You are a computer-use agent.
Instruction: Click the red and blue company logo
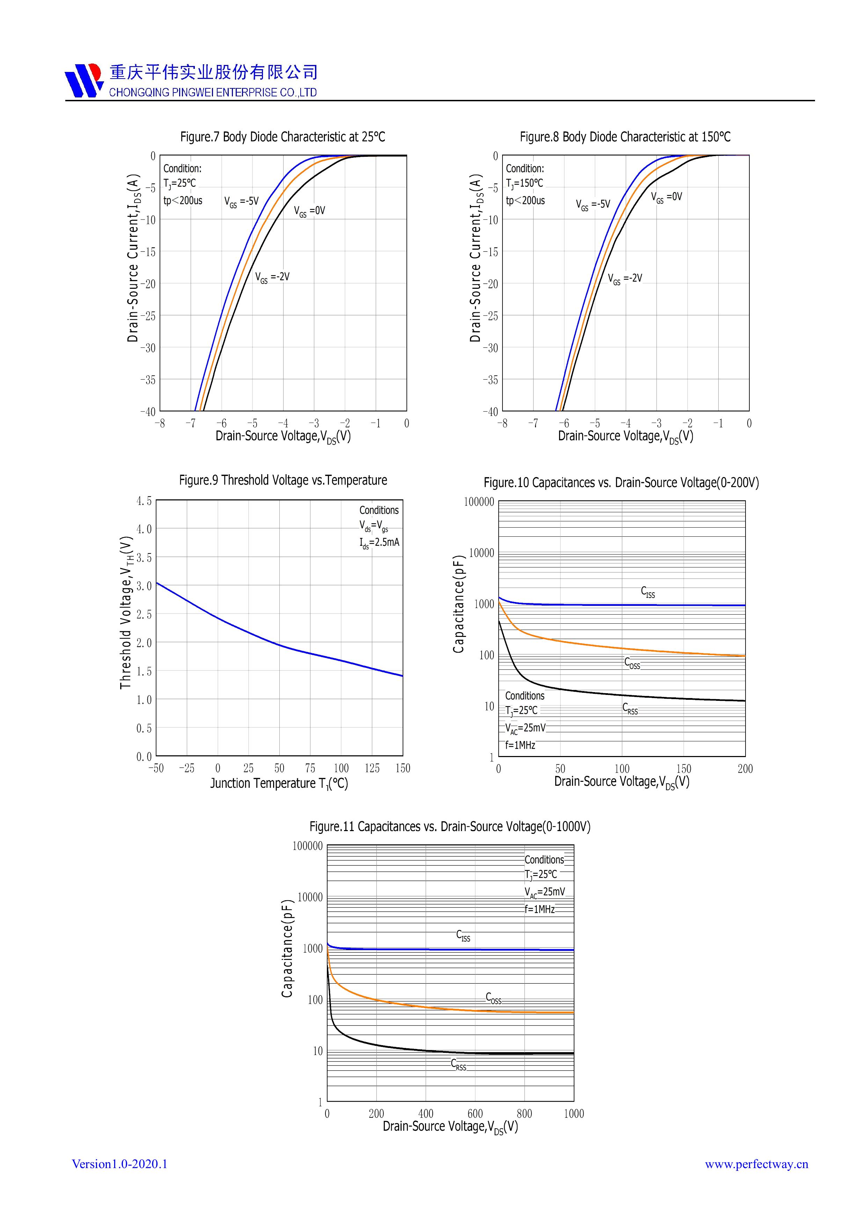coord(84,80)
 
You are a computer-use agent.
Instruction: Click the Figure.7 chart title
coord(282,137)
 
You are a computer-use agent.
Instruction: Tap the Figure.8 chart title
coord(625,137)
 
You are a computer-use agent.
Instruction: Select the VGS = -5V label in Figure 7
coord(241,202)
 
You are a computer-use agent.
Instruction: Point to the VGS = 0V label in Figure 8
coord(667,197)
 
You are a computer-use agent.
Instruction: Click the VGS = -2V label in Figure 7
coord(272,277)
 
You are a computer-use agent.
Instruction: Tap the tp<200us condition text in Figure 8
coord(525,200)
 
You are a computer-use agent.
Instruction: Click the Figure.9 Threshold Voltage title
coord(283,480)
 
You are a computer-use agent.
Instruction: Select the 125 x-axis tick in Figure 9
coord(372,768)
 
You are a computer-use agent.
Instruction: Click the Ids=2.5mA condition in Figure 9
coord(379,543)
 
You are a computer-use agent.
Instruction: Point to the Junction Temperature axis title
coord(279,783)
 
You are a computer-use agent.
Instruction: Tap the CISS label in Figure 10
coord(648,592)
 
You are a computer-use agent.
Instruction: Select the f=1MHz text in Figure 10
coord(520,745)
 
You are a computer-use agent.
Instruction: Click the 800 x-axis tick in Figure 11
coord(524,1114)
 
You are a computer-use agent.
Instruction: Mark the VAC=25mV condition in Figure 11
coord(544,892)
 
